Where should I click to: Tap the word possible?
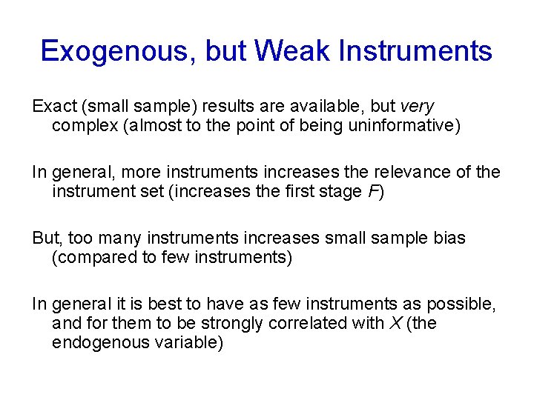(x=461, y=304)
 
